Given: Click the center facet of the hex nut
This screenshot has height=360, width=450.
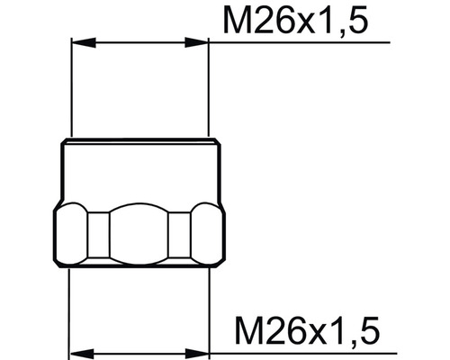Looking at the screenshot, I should [x=139, y=233].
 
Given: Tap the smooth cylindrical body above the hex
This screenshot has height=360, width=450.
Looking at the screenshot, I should [x=139, y=171].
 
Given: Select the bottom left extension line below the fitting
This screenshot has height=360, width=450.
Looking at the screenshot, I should [x=70, y=306].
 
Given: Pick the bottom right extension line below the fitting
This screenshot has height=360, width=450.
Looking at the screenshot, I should [x=209, y=306].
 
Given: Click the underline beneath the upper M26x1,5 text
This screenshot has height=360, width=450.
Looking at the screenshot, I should [x=297, y=42].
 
